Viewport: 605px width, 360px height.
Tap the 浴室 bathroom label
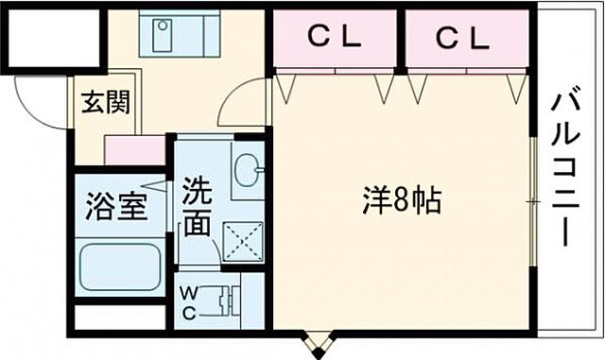(117, 207)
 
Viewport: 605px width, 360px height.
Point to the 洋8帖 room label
(402, 201)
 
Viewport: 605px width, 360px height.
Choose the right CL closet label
(463, 38)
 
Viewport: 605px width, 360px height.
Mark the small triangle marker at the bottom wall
(319, 341)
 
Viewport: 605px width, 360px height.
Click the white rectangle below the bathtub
(118, 317)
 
